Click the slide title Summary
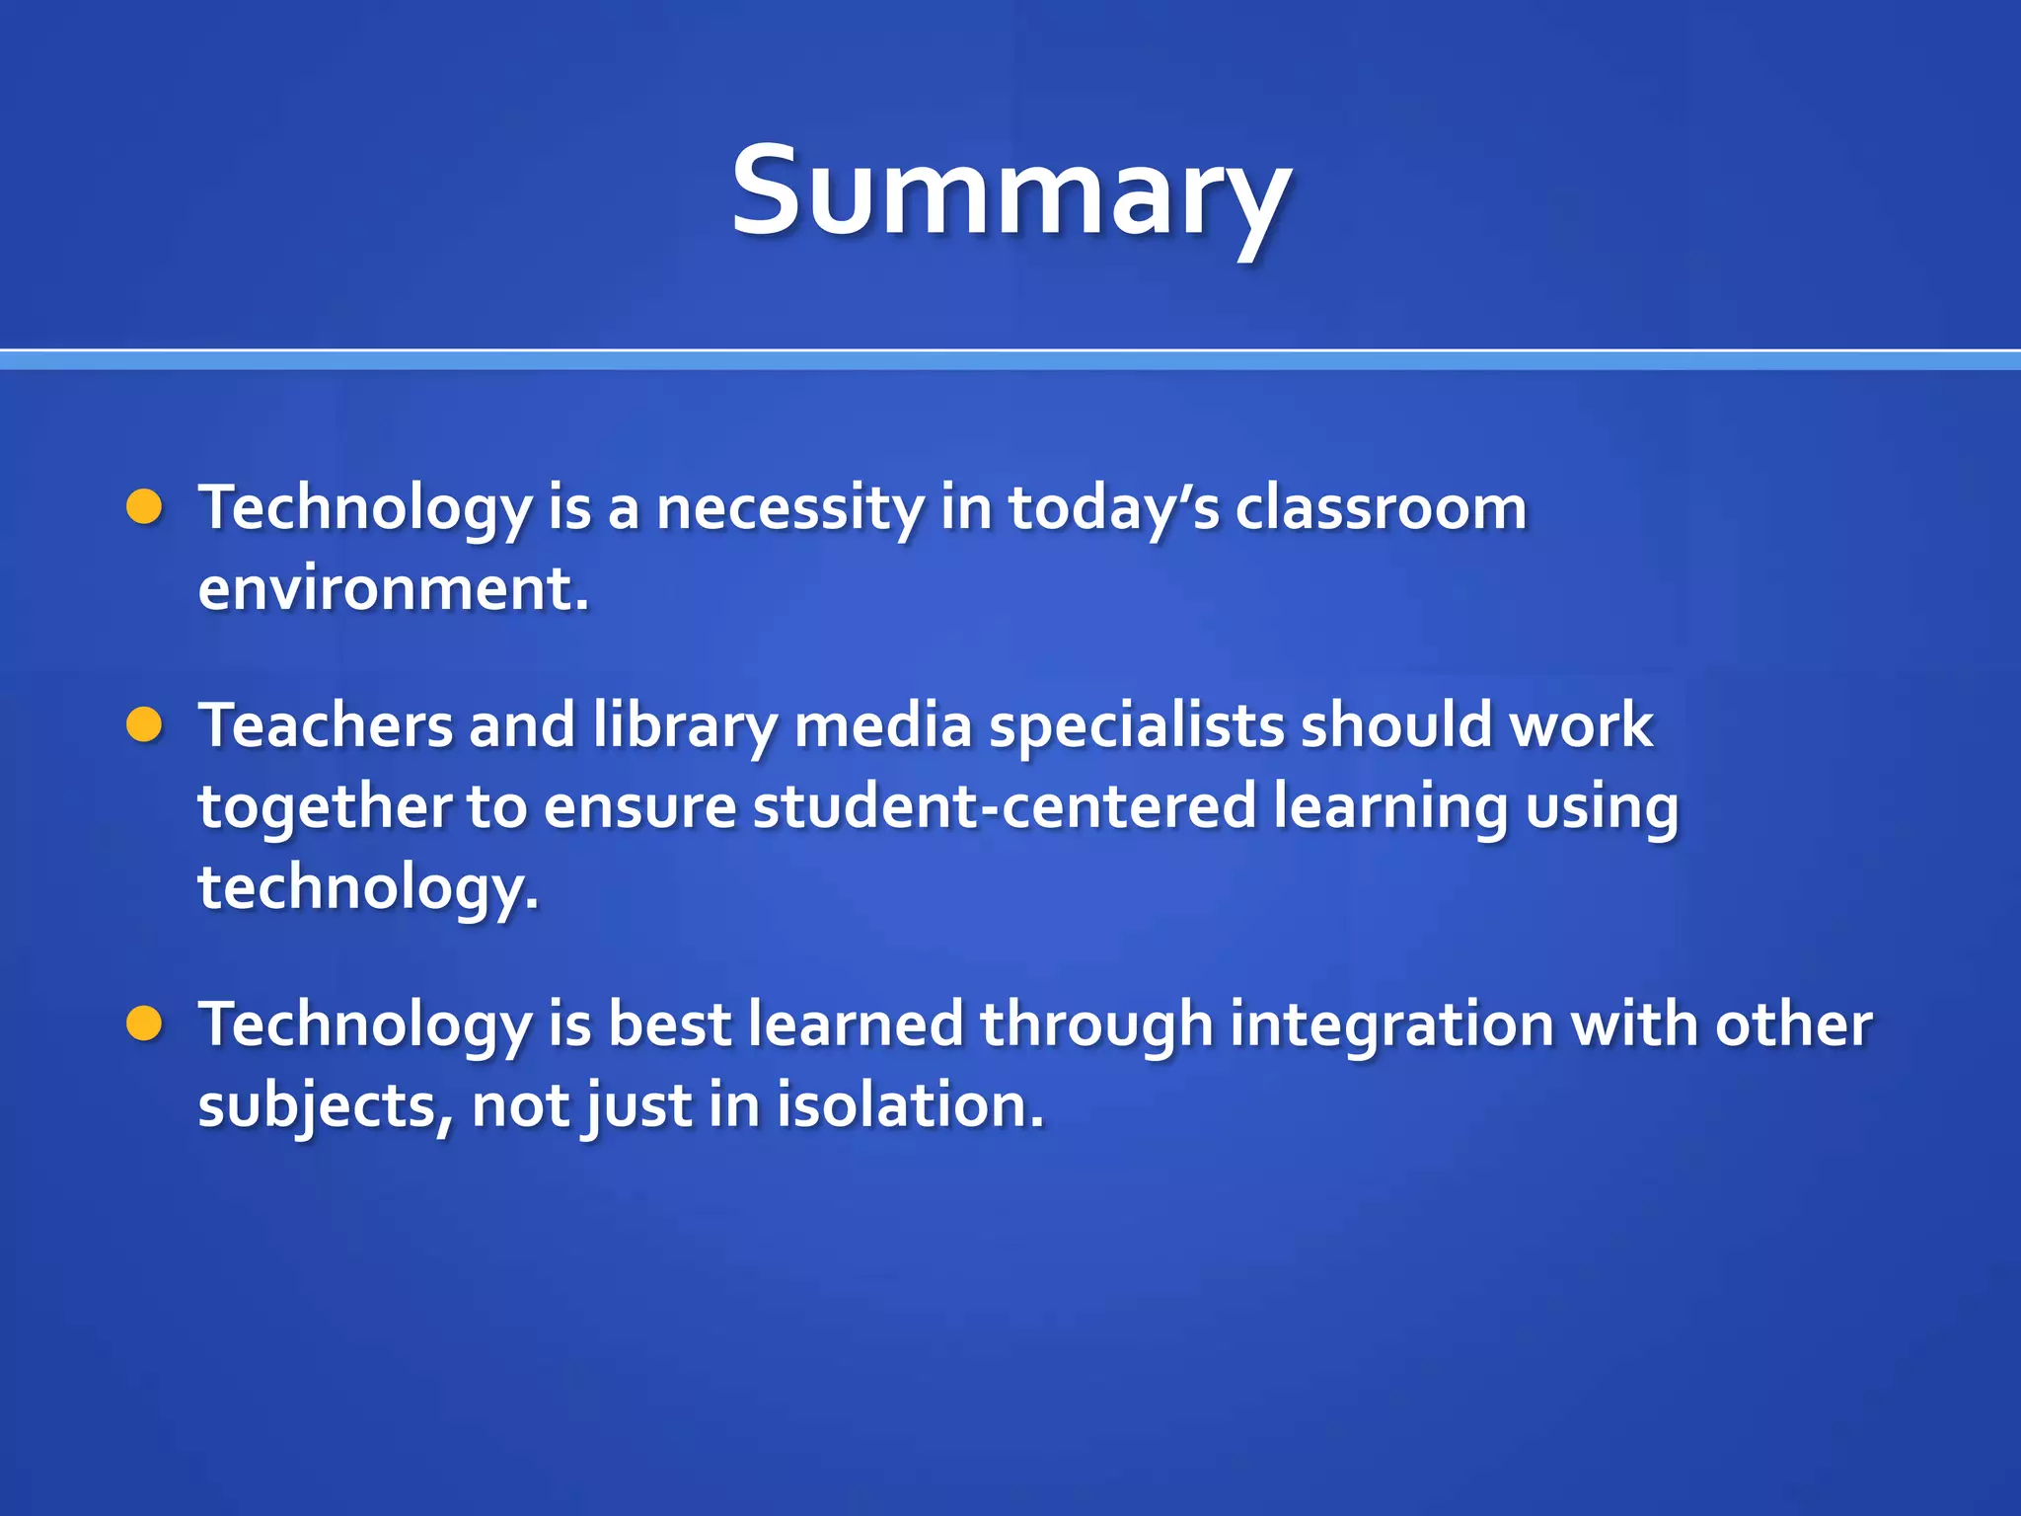1010,192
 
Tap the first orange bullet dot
144,507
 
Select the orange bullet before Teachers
144,725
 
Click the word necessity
789,509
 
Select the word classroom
1381,509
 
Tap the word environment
393,589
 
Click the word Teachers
326,726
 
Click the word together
325,807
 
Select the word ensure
639,808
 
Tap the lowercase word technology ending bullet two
368,888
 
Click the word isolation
909,1105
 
